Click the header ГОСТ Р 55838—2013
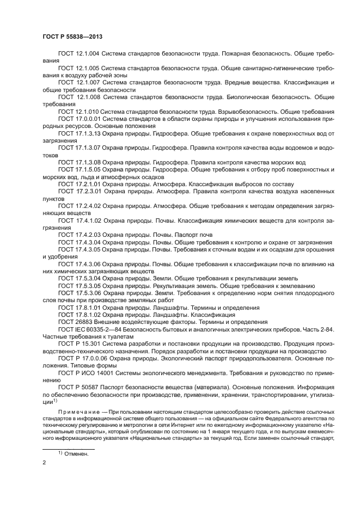click(72, 36)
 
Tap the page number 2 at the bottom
click(45, 463)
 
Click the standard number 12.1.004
click(87, 54)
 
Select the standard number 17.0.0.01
click(88, 119)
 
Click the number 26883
click(82, 321)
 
